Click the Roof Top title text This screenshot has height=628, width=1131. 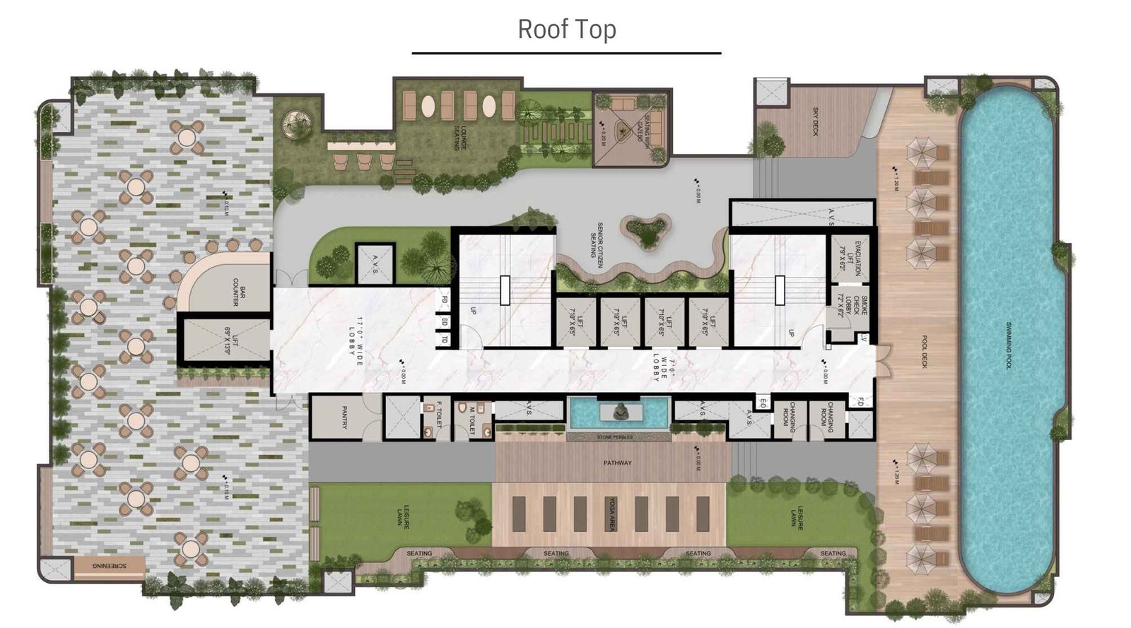[x=566, y=29]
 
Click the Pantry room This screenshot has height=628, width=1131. [x=344, y=417]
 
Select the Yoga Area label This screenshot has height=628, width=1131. [x=613, y=514]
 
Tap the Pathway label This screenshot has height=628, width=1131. [x=617, y=463]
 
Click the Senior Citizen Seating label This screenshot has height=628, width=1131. [x=599, y=245]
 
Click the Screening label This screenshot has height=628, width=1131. [x=110, y=566]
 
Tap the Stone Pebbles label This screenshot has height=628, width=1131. [x=614, y=438]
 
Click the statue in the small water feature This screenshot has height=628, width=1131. [x=620, y=412]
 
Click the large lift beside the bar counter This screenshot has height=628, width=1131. [x=225, y=340]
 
